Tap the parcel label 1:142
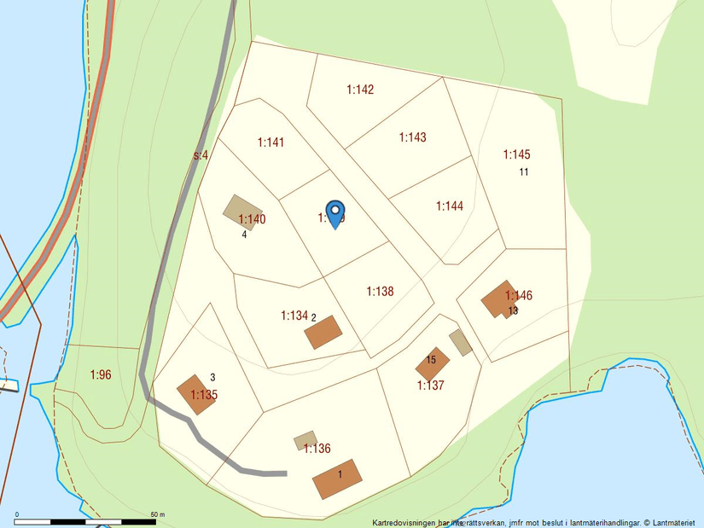[360, 90]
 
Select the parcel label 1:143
[412, 137]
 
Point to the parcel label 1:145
[516, 154]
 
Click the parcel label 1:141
[271, 142]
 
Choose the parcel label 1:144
[449, 206]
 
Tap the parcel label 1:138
[380, 291]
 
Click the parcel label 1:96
[101, 374]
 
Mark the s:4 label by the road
[201, 155]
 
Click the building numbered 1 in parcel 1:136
[338, 479]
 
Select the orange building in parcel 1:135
[196, 393]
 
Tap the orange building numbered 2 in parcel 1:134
[323, 332]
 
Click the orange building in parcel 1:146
[498, 299]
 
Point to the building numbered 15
[432, 363]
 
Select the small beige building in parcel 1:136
[305, 440]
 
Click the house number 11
[524, 172]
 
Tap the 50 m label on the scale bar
[157, 514]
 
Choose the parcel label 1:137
[430, 386]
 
